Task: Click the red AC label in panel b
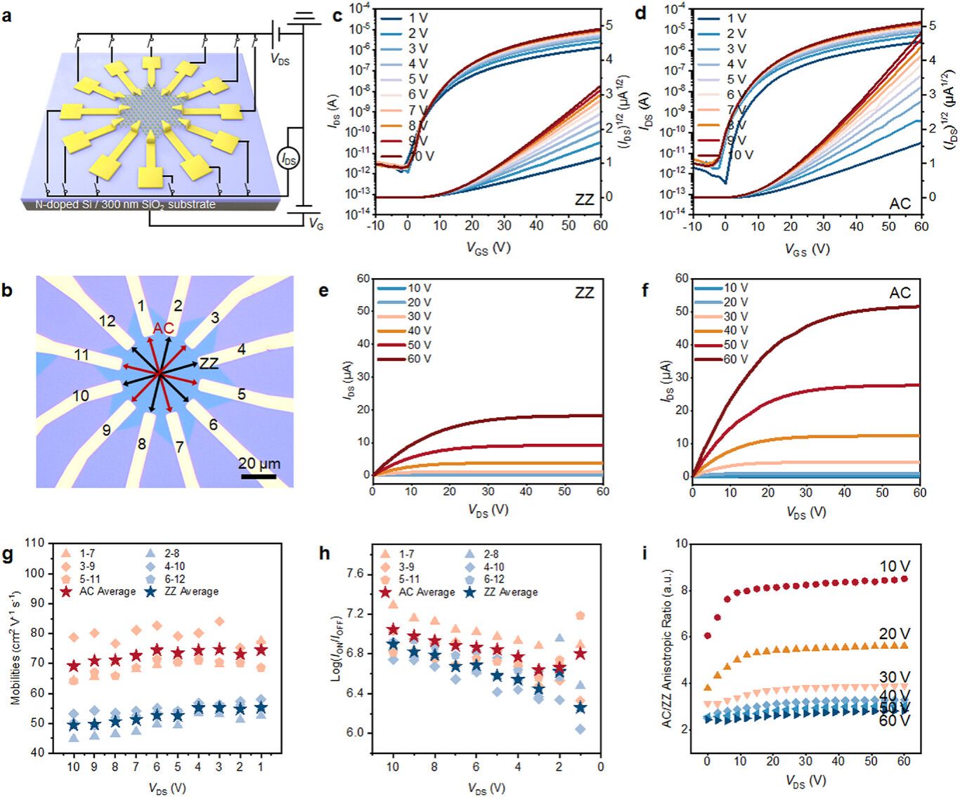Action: (x=163, y=329)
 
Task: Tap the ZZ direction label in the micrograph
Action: (x=209, y=363)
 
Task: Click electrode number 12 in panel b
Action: (x=107, y=321)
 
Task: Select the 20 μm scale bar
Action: (x=259, y=477)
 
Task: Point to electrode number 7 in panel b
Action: (x=179, y=447)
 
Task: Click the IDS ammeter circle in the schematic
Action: (x=289, y=159)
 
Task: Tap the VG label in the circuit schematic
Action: (x=316, y=224)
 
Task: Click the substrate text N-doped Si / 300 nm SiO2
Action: (x=125, y=204)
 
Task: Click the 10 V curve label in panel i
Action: (x=894, y=567)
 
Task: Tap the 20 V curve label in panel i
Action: (x=894, y=634)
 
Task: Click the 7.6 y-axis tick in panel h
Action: (x=355, y=574)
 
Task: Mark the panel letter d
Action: (x=641, y=13)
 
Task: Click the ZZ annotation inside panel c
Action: (x=584, y=199)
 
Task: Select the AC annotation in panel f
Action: (x=900, y=293)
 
